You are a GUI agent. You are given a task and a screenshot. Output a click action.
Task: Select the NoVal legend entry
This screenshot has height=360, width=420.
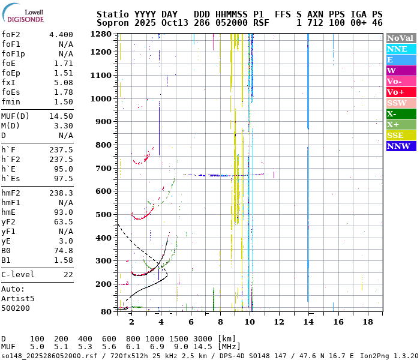[400, 38]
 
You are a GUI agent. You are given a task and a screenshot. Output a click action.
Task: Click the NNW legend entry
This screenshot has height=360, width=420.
[400, 146]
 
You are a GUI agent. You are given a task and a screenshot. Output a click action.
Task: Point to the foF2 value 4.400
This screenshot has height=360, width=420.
[61, 35]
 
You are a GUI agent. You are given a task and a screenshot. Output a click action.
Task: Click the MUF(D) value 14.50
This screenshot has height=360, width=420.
[61, 116]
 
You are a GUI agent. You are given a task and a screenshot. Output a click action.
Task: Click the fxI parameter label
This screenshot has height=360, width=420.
[8, 83]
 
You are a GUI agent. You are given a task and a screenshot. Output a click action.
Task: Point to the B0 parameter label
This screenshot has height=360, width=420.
[6, 251]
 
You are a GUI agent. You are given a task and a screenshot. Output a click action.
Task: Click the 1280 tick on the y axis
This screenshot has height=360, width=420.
[101, 34]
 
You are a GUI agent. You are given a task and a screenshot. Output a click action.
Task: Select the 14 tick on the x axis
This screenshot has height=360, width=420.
[308, 322]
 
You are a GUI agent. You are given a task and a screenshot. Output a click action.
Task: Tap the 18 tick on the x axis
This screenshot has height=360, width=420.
[367, 322]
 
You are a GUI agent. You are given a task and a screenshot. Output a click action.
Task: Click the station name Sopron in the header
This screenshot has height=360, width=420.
[111, 23]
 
